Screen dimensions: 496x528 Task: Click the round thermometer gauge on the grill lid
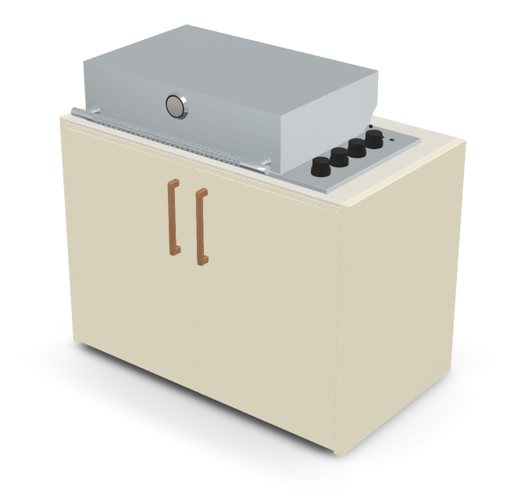coord(177,106)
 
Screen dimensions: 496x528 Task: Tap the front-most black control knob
coord(321,166)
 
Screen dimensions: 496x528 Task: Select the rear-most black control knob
coord(374,140)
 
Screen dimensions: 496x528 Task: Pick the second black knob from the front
coord(339,158)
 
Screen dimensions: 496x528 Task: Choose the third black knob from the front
coord(357,148)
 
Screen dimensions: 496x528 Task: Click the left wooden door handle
coord(173,216)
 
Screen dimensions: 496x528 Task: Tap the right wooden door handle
coord(202,227)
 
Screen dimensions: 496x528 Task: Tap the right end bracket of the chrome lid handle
coord(264,165)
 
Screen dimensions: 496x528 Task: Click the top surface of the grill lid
coord(234,62)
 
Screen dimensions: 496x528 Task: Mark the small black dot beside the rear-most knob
coord(369,126)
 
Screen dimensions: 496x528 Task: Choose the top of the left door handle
coord(173,183)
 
